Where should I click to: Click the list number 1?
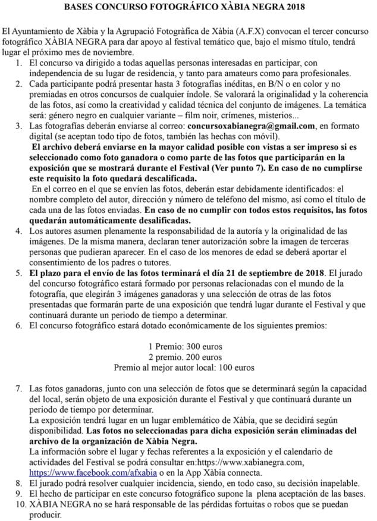coord(20,62)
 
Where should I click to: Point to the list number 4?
coord(20,230)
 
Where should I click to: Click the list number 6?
coord(20,325)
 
